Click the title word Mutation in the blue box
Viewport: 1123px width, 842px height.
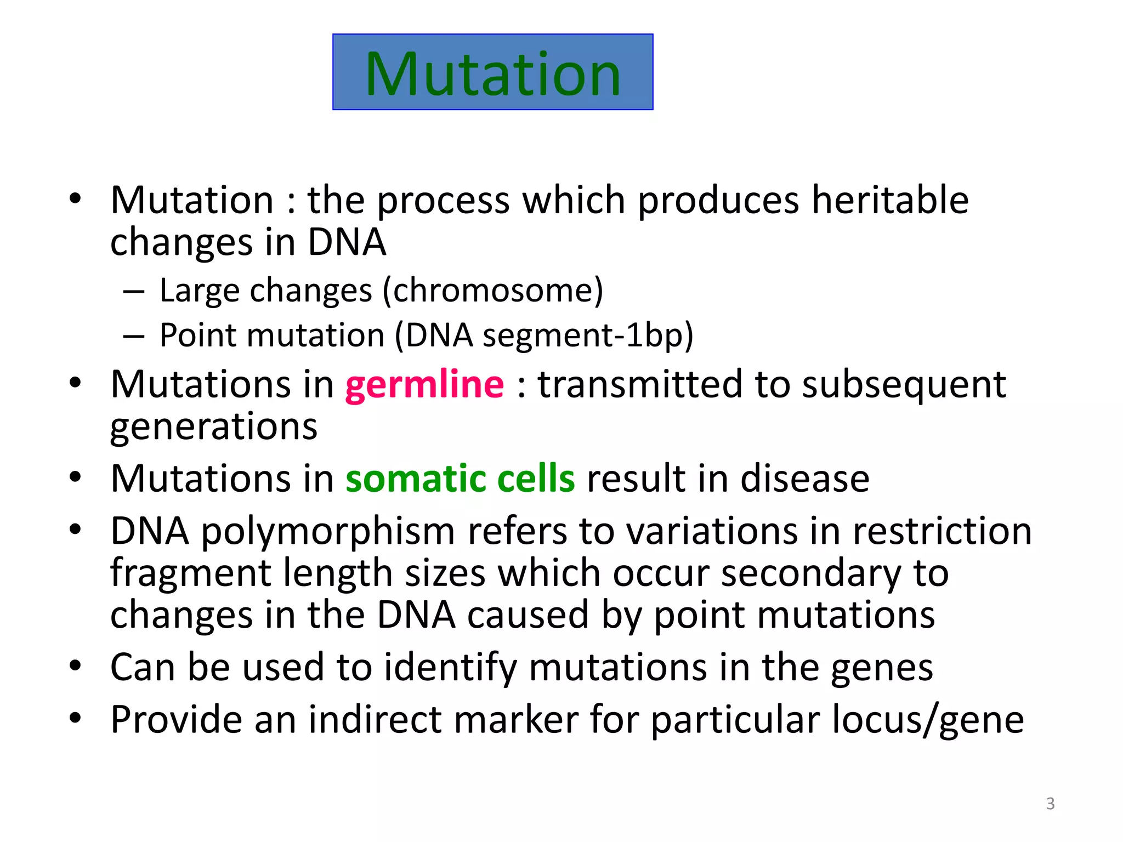pos(492,73)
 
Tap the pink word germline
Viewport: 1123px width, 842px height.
pos(424,384)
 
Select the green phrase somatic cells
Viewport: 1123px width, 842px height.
pos(460,479)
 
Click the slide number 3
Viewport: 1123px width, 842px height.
pos(1050,803)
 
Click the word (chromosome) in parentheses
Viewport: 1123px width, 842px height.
pos(492,290)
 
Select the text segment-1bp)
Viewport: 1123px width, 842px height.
pos(588,335)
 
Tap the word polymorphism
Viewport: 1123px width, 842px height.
pos(328,531)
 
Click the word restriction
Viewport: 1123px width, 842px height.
pos(942,531)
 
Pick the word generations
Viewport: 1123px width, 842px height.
pos(214,426)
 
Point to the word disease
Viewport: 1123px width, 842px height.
pos(804,479)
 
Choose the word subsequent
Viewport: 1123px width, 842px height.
pos(904,384)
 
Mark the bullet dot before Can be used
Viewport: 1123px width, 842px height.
pos(75,665)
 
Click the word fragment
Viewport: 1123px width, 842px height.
pos(190,573)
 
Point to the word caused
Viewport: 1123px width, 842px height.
pos(528,615)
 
